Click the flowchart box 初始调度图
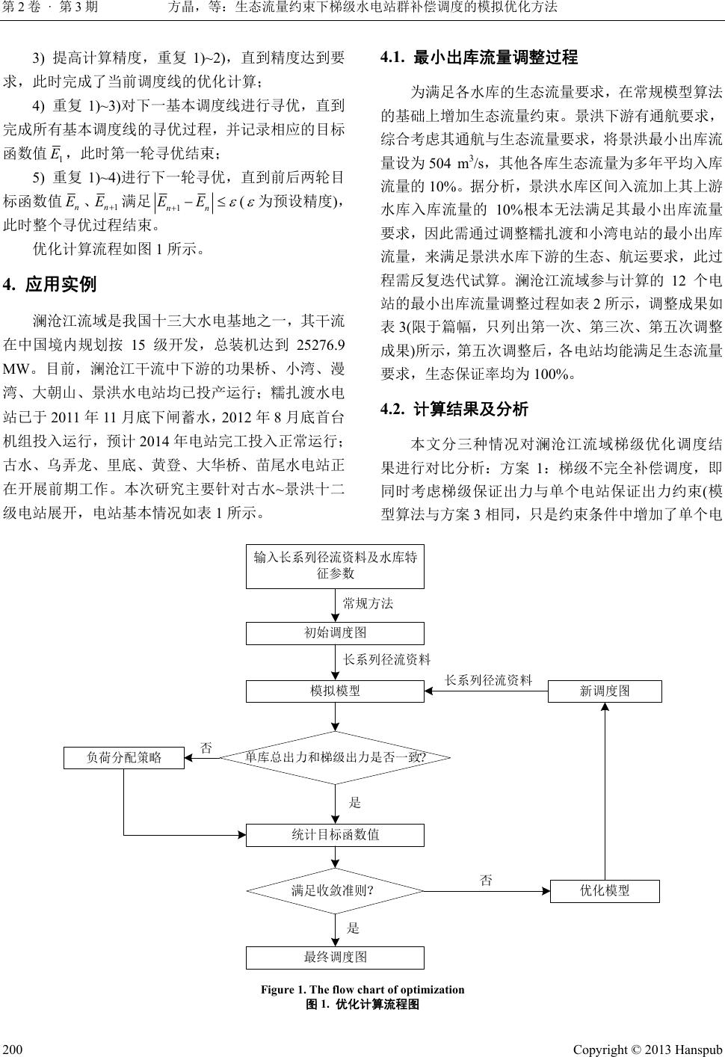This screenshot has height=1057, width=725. (335, 633)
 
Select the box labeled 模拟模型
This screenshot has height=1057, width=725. (335, 691)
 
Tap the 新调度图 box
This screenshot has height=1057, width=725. (605, 691)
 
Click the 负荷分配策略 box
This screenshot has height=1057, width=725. (124, 757)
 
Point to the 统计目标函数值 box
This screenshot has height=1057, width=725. (335, 835)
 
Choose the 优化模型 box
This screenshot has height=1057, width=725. (605, 890)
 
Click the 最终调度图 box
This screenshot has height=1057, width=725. (335, 958)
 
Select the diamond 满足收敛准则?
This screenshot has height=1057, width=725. (335, 890)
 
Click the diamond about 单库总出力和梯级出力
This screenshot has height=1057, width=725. (335, 757)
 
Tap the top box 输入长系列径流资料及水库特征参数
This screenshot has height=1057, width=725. (335, 566)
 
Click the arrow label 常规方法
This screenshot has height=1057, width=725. (368, 603)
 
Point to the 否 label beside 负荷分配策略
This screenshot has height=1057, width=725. (207, 748)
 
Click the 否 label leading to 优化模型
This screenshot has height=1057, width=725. (486, 881)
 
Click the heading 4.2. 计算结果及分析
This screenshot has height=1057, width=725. (454, 409)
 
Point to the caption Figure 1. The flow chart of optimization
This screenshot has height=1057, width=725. (362, 990)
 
